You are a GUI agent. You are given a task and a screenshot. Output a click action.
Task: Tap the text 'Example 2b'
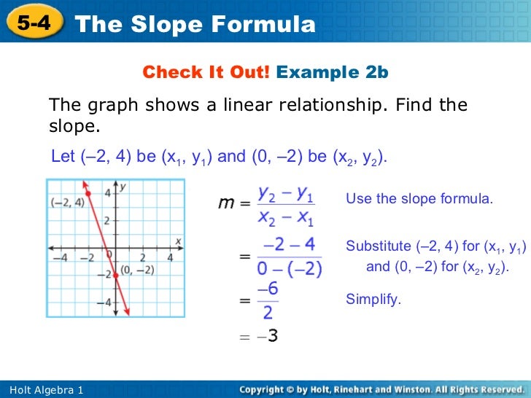333,72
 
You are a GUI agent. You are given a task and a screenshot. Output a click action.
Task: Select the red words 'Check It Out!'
206,72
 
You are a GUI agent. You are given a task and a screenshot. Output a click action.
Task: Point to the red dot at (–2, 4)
88,193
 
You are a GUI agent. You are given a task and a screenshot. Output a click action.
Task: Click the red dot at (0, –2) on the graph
115,275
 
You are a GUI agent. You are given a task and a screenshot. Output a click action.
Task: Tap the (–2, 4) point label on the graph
67,203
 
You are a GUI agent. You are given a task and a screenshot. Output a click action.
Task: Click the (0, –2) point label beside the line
136,270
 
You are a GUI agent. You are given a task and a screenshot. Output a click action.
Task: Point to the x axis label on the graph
178,241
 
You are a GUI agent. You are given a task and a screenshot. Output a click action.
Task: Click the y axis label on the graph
124,187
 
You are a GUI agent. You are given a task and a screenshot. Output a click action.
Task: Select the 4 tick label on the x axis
170,257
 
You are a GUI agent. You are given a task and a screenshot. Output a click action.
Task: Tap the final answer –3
267,336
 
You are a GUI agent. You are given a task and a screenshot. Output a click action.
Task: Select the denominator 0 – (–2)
290,268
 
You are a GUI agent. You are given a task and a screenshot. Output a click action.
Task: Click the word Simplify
373,300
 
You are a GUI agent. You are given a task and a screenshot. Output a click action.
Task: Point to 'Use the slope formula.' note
419,198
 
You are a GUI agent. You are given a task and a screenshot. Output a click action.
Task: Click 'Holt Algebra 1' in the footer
47,391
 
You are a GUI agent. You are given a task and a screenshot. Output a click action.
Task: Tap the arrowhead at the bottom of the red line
128,311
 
